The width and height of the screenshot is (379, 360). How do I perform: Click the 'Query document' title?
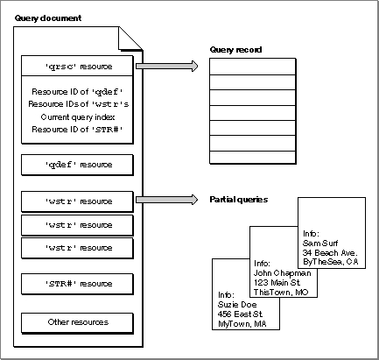tap(48, 18)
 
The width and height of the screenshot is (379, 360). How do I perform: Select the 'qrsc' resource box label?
tap(79, 67)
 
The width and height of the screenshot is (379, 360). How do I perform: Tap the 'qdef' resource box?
tap(77, 165)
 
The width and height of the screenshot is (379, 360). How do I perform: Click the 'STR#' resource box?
tap(77, 284)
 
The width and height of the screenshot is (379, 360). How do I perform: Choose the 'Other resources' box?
tap(77, 323)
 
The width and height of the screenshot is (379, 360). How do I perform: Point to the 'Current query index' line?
tap(78, 117)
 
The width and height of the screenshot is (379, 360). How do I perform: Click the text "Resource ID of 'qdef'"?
tap(77, 92)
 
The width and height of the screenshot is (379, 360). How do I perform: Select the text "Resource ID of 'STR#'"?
tap(77, 130)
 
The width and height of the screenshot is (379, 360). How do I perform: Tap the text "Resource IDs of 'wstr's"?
tap(79, 104)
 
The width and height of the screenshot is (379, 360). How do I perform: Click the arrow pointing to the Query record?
tap(167, 66)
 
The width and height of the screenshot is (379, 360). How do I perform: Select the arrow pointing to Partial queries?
tap(167, 200)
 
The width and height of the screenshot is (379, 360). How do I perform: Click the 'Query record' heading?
tap(235, 50)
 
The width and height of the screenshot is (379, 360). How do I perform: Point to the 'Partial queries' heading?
tap(239, 200)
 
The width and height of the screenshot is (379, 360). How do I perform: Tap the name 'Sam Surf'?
tap(320, 244)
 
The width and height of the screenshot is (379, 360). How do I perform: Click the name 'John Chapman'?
tap(283, 273)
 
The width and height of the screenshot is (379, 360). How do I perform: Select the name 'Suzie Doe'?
tap(237, 305)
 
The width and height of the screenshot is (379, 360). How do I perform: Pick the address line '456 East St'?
tap(240, 314)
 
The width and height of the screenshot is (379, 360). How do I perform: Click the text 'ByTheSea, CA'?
tap(331, 262)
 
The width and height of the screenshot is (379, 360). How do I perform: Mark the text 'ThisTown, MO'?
tap(281, 293)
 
